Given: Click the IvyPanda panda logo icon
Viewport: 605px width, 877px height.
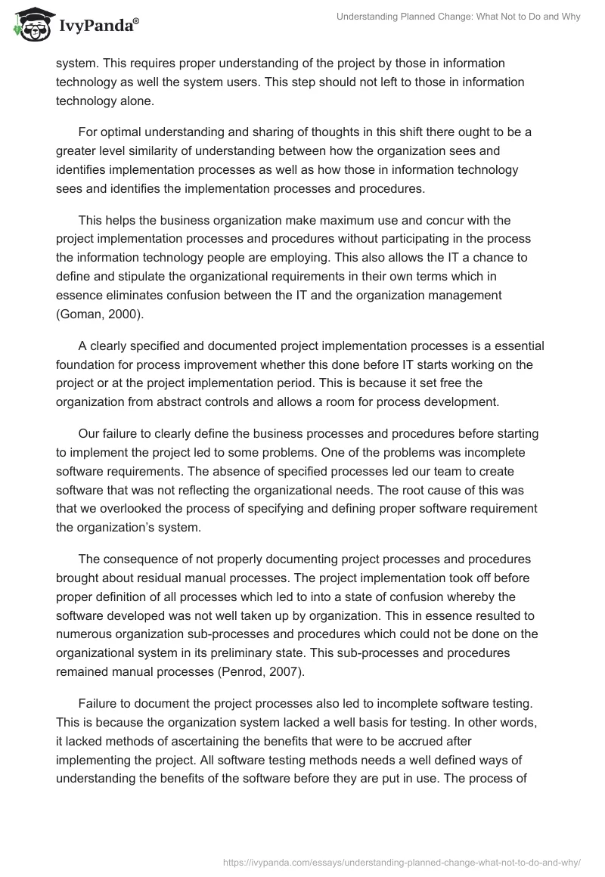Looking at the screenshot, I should point(28,24).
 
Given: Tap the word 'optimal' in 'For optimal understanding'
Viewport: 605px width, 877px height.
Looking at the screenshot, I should point(121,132).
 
